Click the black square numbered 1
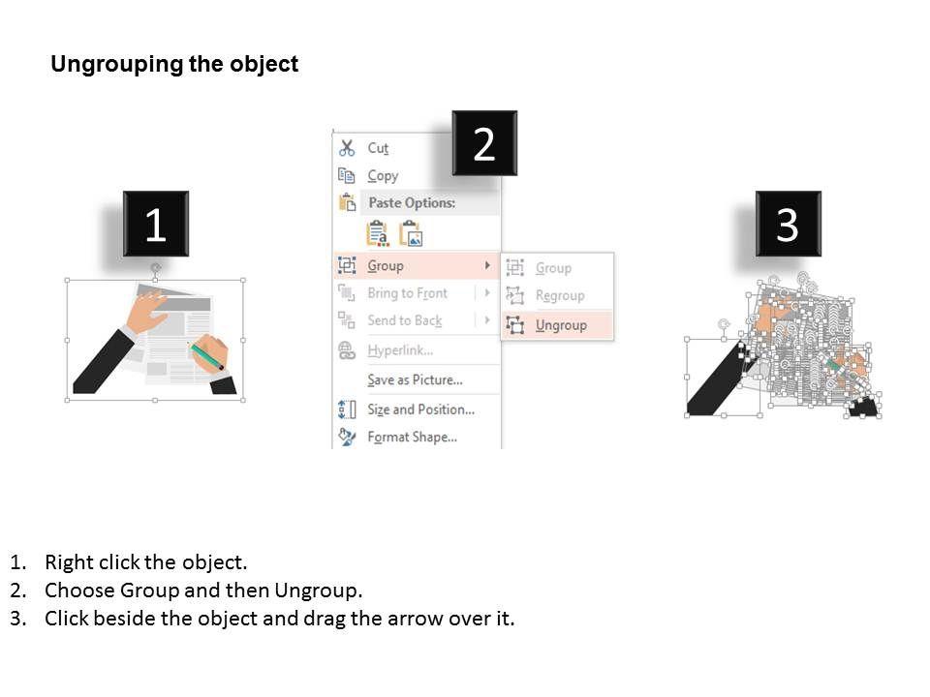click(x=156, y=224)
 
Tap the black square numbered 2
click(x=484, y=143)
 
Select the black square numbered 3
click(x=789, y=224)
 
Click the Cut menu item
click(x=378, y=147)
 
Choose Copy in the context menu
click(x=383, y=176)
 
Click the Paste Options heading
click(x=413, y=202)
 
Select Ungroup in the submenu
click(x=561, y=325)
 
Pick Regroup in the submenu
click(x=560, y=295)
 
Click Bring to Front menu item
click(x=408, y=292)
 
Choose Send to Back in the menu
click(x=405, y=320)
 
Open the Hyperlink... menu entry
click(x=400, y=350)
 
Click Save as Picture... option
click(x=416, y=379)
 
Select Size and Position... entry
click(x=421, y=409)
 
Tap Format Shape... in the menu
click(x=413, y=437)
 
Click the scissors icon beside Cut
click(x=347, y=147)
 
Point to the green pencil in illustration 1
click(x=205, y=355)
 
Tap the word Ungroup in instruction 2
click(x=316, y=591)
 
